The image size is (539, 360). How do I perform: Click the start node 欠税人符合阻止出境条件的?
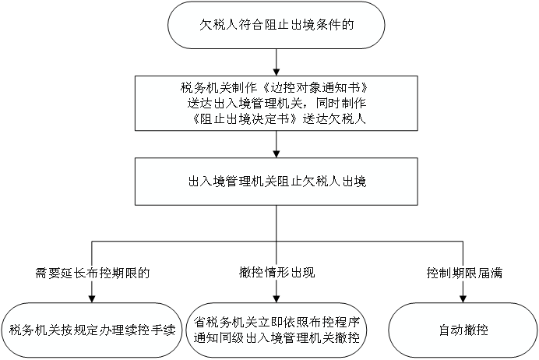(276, 25)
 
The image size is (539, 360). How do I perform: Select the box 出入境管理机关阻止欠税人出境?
(276, 182)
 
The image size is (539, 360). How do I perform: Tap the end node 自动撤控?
(463, 330)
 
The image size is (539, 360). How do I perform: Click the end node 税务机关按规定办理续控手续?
(92, 330)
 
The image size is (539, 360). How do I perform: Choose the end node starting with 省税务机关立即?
(277, 330)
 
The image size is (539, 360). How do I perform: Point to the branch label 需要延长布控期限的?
(92, 273)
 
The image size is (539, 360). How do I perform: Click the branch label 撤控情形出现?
(277, 273)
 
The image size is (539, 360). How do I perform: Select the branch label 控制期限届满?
(464, 273)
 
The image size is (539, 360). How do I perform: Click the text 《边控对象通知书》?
(315, 88)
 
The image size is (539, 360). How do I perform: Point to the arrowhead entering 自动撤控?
(463, 299)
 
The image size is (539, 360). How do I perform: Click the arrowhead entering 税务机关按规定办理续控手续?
(92, 299)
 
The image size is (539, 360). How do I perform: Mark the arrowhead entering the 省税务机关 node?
(277, 299)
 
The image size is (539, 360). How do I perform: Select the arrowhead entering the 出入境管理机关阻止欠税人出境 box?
(277, 154)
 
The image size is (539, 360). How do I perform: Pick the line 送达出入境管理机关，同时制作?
(277, 104)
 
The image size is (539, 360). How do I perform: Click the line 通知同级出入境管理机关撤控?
(277, 338)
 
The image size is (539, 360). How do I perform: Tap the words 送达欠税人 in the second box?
(334, 119)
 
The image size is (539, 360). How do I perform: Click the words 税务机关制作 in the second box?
(219, 88)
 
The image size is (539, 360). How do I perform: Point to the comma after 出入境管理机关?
(308, 106)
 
